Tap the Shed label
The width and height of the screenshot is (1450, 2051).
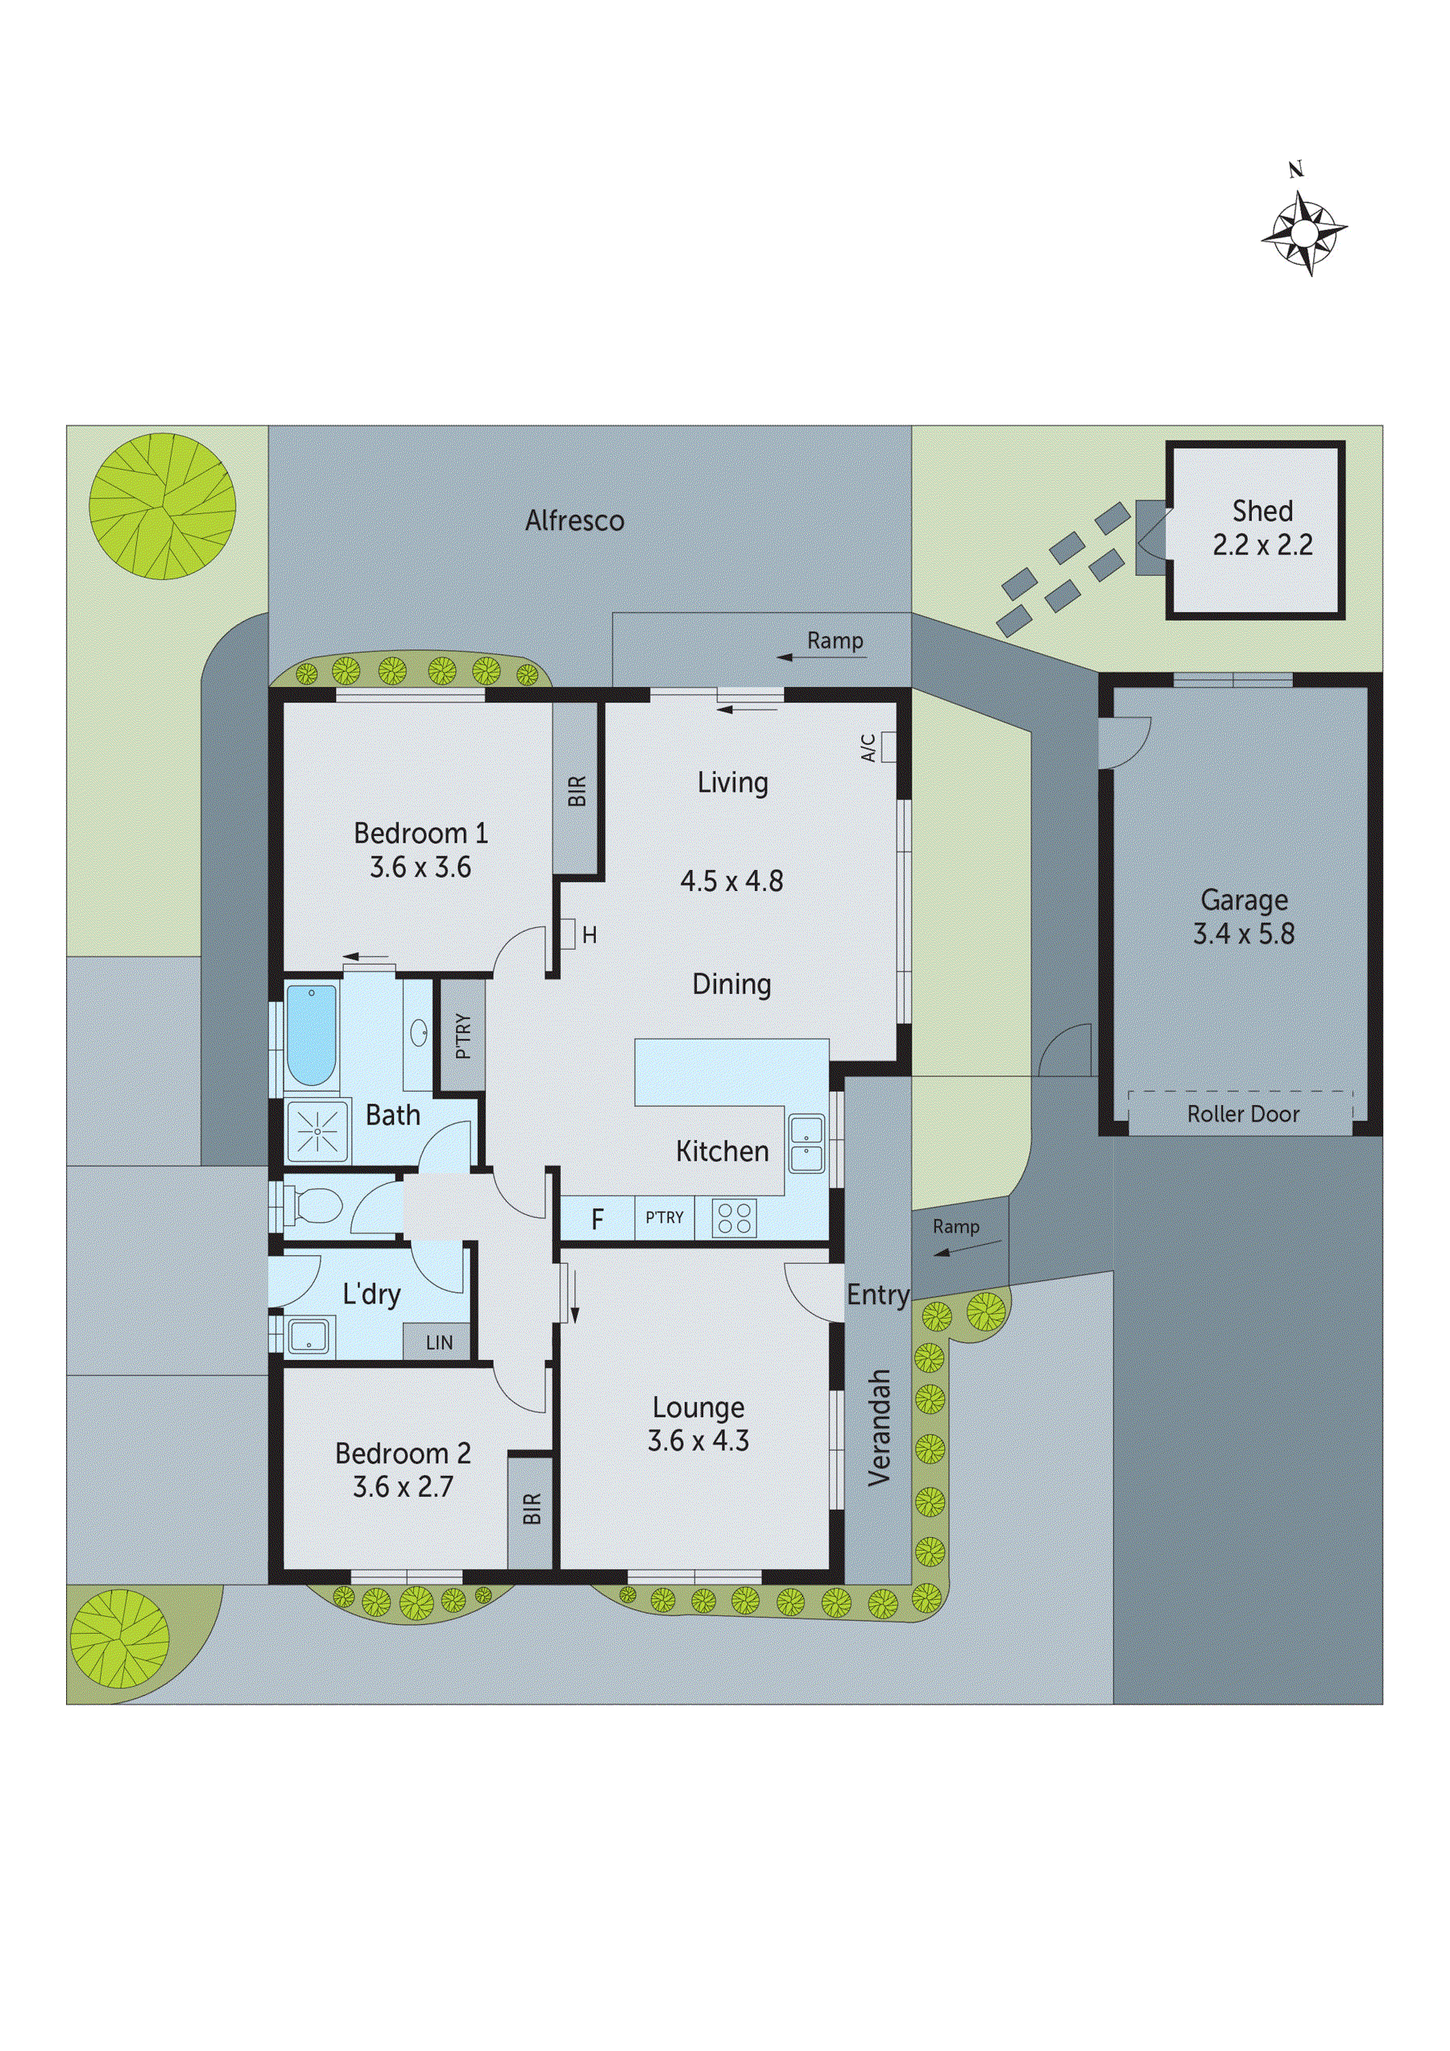click(x=1262, y=511)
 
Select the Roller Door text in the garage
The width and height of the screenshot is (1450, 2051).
click(x=1243, y=1114)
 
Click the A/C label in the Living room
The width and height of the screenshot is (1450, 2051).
click(x=868, y=748)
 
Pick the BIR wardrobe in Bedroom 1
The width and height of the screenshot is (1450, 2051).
click(x=576, y=789)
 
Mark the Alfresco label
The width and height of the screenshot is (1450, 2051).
click(x=574, y=520)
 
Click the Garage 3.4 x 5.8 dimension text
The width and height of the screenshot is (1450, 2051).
click(x=1244, y=934)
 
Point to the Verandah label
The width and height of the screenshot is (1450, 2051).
click(x=879, y=1427)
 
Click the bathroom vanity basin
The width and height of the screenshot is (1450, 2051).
click(x=418, y=1034)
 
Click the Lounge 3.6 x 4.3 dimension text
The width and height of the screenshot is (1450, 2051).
click(x=698, y=1441)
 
